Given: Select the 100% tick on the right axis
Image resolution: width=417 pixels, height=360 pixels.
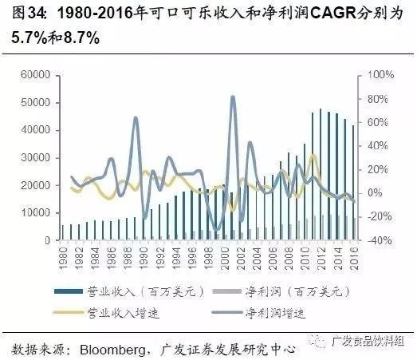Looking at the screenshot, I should pyautogui.click(x=380, y=75).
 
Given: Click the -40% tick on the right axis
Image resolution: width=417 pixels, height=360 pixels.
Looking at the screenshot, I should pyautogui.click(x=380, y=240).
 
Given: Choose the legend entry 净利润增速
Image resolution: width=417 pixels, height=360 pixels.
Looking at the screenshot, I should pyautogui.click(x=277, y=312).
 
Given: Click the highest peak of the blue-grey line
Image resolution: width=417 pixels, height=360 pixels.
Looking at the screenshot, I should pyautogui.click(x=232, y=97).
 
